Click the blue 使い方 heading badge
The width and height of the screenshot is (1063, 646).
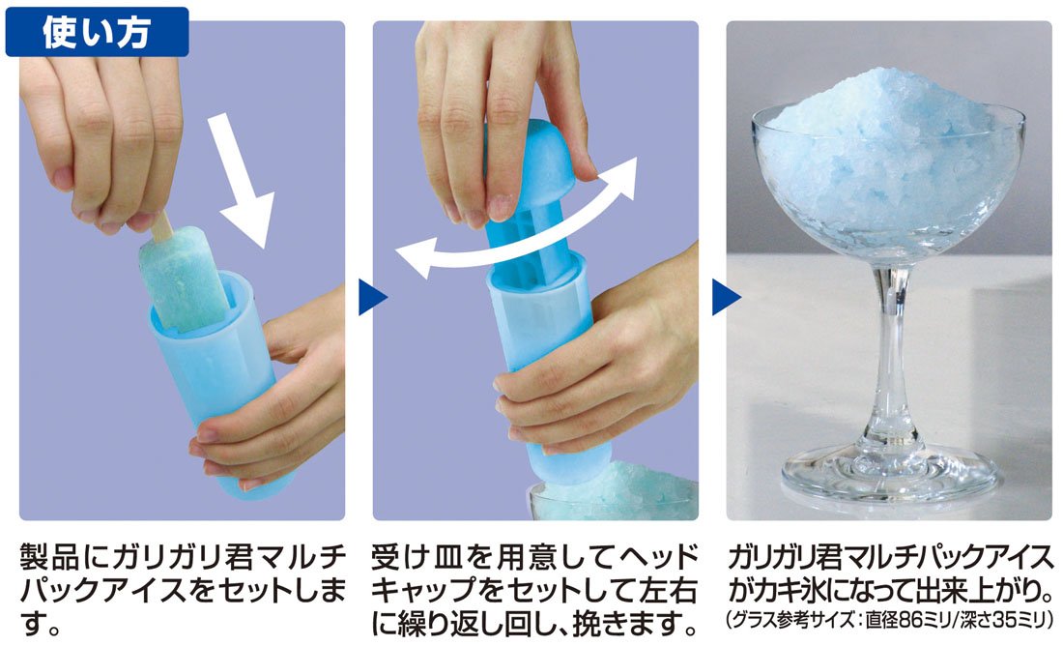97,32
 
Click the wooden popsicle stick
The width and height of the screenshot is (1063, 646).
160,226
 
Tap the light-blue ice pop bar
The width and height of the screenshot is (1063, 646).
185,279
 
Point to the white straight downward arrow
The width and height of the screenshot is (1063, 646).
241,180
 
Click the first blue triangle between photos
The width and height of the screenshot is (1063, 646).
372,297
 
